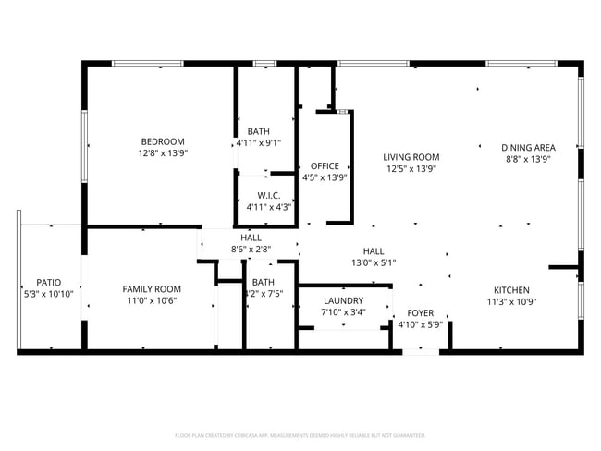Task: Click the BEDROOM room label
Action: (x=163, y=141)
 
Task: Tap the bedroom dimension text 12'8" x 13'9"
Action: (x=163, y=153)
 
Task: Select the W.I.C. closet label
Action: (x=269, y=195)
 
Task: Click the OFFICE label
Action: (x=325, y=166)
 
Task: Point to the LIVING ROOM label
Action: (x=411, y=157)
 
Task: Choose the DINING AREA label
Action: (x=528, y=148)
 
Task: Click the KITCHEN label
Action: (x=511, y=289)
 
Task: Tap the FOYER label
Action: (x=421, y=313)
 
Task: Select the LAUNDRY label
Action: (x=343, y=300)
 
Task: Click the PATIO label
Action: (x=48, y=282)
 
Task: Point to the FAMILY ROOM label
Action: (x=152, y=289)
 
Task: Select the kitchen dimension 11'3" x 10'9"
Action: (x=511, y=301)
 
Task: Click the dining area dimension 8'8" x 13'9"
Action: (x=528, y=160)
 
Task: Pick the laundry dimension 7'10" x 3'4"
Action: (x=343, y=312)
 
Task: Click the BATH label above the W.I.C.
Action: (x=259, y=130)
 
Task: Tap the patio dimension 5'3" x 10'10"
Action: (x=48, y=294)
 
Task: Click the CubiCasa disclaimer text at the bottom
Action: (x=300, y=434)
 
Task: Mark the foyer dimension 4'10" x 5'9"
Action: (x=421, y=325)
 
